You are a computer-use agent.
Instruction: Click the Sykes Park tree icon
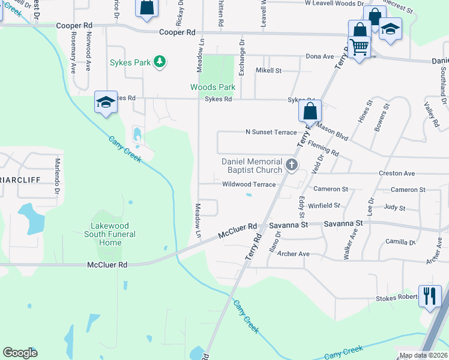tap(159, 61)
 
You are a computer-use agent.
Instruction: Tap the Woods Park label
tap(212, 88)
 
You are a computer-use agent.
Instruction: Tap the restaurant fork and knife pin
tap(430, 296)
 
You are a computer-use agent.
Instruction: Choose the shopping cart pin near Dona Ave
tap(359, 47)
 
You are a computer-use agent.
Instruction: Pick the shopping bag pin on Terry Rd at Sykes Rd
tap(310, 112)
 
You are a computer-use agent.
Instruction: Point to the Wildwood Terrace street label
tap(249, 185)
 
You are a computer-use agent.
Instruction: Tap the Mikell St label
tap(268, 71)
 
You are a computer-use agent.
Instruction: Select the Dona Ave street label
tap(320, 57)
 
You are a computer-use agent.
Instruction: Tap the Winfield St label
tap(325, 206)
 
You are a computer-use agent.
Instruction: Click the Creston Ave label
tap(397, 173)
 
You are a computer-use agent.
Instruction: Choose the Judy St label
tap(394, 208)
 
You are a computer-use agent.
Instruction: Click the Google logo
tap(20, 353)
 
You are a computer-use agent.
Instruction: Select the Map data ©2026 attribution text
tap(423, 355)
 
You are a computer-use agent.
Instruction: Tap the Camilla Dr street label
tap(400, 242)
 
